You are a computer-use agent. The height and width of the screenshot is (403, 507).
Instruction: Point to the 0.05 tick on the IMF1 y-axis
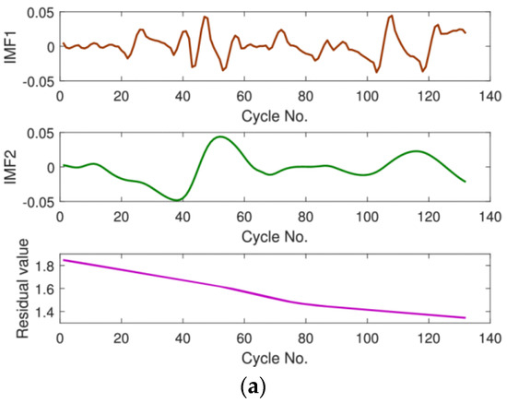pyautogui.click(x=41, y=11)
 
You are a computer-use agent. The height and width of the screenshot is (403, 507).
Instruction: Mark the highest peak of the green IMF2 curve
pyautogui.click(x=219, y=136)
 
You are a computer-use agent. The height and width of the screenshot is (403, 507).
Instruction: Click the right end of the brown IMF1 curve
pyautogui.click(x=466, y=32)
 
